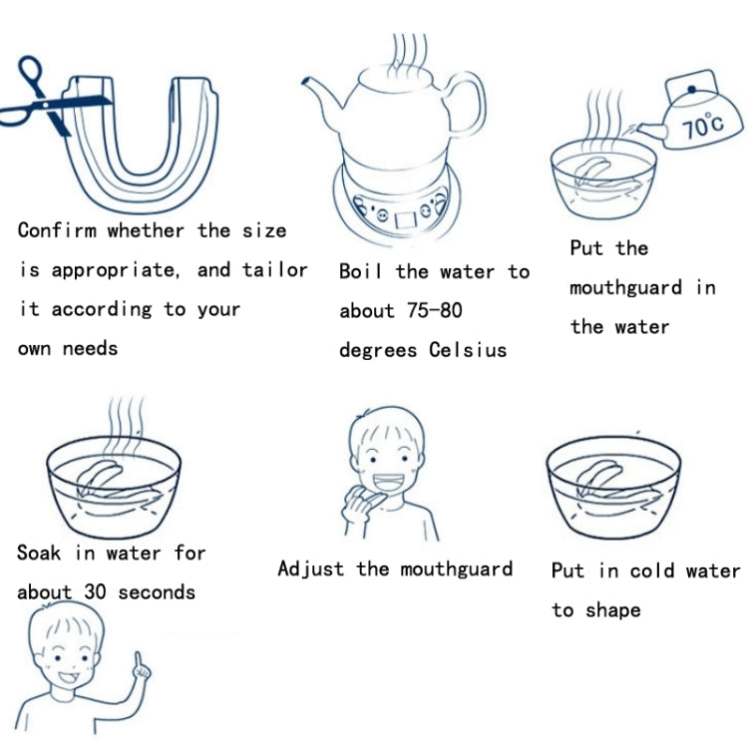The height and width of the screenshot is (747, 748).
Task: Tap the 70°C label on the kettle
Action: [702, 126]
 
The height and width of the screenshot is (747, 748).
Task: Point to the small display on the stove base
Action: [406, 219]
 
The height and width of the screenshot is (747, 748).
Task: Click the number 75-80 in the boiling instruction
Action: [435, 310]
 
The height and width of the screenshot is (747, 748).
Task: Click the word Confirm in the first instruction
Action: [57, 230]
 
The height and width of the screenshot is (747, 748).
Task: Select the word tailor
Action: [275, 269]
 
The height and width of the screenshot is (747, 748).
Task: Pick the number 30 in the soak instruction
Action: [95, 592]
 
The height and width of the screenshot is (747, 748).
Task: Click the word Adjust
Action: [310, 568]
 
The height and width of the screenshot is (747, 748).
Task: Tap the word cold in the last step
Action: [651, 570]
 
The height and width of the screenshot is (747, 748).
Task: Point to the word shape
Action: [613, 610]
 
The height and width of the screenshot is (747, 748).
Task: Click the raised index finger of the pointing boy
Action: [139, 661]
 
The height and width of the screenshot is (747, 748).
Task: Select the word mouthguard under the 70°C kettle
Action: [625, 287]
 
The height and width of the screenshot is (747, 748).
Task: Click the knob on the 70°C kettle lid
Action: [691, 89]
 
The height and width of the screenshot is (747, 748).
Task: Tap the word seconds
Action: [157, 592]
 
